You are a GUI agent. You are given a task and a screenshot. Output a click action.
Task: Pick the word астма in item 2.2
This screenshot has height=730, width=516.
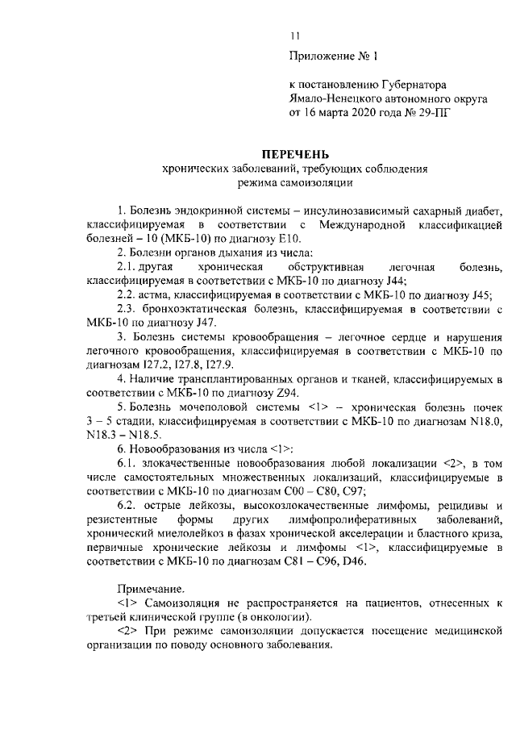pyautogui.click(x=153, y=295)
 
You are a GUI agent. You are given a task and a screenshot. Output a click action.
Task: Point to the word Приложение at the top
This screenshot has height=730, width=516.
pyautogui.click(x=320, y=55)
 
